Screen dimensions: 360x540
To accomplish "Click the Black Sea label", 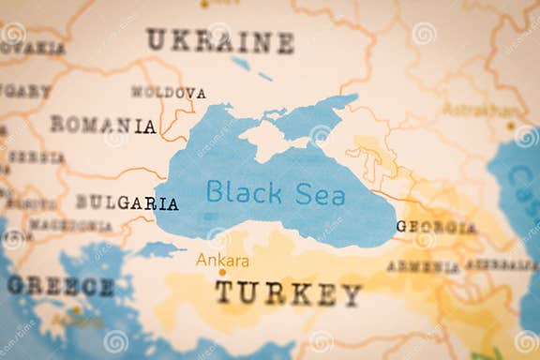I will pos(275,193).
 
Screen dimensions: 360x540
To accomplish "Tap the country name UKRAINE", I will pos(219,41).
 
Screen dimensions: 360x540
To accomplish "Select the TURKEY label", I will pos(288,294).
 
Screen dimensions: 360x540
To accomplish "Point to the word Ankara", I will pos(222,260).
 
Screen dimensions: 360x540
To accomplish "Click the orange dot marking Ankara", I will pos(222,273).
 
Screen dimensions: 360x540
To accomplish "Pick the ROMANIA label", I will pos(103,125).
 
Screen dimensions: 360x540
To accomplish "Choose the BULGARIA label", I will pos(127,202).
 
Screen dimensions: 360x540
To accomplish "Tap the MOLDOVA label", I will pos(168,93).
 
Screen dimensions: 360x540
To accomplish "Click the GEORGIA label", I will pos(436,227).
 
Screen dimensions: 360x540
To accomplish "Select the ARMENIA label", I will pos(423,266).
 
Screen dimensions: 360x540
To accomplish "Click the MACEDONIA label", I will pos(70,226).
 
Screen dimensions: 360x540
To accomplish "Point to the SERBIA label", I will pos(35,157).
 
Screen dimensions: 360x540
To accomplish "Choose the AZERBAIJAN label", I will pos(502,264).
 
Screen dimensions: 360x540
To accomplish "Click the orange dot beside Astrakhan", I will pos(511,124).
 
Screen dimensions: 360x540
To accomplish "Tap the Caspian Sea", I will pos(521,187).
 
